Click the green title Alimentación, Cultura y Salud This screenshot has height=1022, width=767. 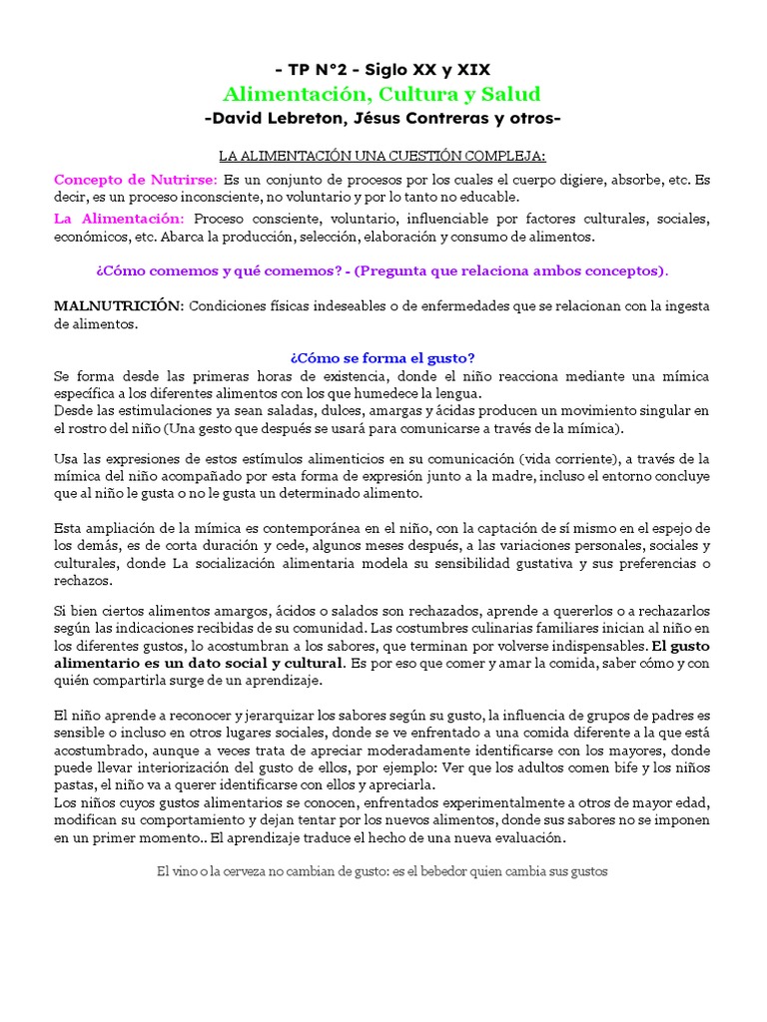tap(383, 95)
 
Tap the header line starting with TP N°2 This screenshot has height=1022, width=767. tap(383, 69)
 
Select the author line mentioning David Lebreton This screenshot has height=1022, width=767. tap(383, 119)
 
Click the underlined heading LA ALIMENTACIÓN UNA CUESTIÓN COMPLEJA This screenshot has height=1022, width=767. tap(383, 156)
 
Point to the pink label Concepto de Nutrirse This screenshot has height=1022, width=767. tap(135, 180)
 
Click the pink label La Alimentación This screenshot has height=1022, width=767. tap(119, 219)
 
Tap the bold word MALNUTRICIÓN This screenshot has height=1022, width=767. tap(118, 305)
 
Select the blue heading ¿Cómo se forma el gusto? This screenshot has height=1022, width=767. tap(383, 358)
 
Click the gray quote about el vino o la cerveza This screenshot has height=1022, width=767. tap(383, 871)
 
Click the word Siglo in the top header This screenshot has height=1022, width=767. tap(387, 69)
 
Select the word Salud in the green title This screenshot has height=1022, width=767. tap(509, 95)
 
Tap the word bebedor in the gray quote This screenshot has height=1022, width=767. tap(427, 871)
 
